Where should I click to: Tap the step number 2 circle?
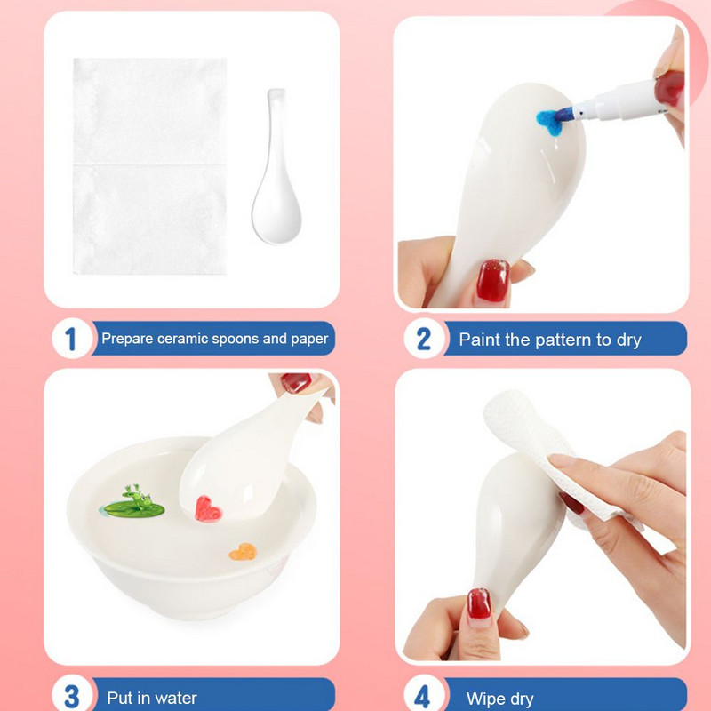coord(424,339)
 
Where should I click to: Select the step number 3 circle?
coord(72,695)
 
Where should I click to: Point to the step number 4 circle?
coord(424,695)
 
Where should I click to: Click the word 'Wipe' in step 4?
coord(484,699)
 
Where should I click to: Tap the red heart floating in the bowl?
coord(207,509)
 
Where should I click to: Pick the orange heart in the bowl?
coord(243,552)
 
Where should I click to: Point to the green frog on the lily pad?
coord(137,495)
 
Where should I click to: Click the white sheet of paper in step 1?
coord(149,166)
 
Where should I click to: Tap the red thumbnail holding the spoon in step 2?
coord(493,281)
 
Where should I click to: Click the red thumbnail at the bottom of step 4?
coord(479,603)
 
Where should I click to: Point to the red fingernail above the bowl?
coord(296,382)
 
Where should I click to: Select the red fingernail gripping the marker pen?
coord(669,88)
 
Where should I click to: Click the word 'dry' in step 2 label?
coord(629,340)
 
